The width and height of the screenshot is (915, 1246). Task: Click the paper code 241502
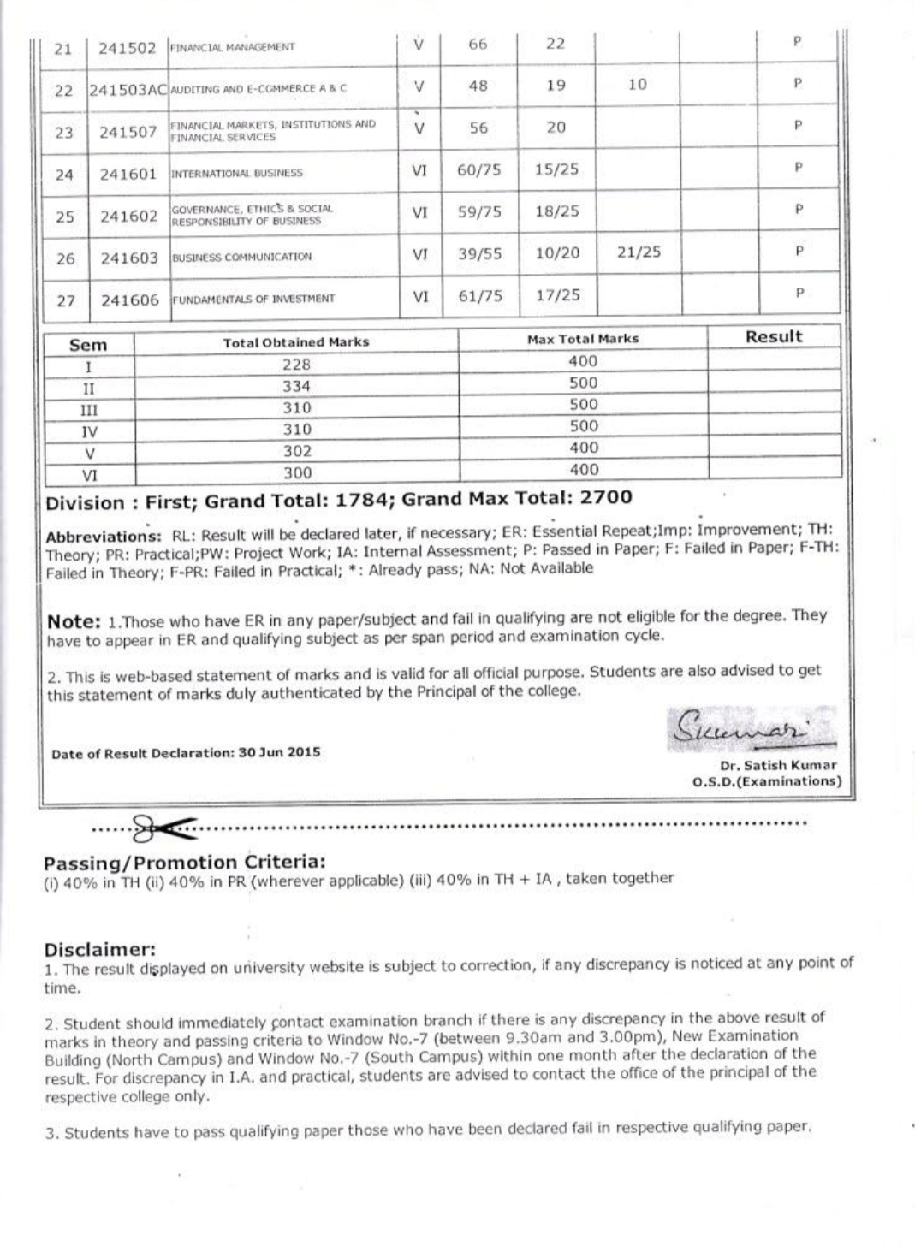click(x=128, y=47)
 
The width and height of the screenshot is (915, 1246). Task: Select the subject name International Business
click(x=237, y=173)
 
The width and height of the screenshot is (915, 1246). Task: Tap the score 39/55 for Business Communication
click(x=479, y=253)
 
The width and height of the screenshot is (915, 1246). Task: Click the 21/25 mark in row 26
click(x=639, y=252)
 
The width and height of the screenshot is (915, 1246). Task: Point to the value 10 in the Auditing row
click(x=637, y=85)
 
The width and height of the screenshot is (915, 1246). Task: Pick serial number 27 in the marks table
click(x=66, y=300)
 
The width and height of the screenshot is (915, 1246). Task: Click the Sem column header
click(x=88, y=345)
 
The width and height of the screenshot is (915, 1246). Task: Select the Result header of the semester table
click(x=774, y=336)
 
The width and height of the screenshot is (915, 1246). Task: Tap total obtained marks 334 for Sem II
click(x=296, y=386)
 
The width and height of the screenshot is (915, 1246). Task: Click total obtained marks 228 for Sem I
click(x=296, y=365)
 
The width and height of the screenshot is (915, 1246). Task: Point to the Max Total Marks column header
click(x=583, y=339)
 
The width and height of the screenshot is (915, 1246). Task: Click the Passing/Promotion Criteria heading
click(x=184, y=862)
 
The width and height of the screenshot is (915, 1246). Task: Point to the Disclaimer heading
click(x=99, y=949)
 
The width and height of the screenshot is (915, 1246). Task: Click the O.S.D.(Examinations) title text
click(x=767, y=781)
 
